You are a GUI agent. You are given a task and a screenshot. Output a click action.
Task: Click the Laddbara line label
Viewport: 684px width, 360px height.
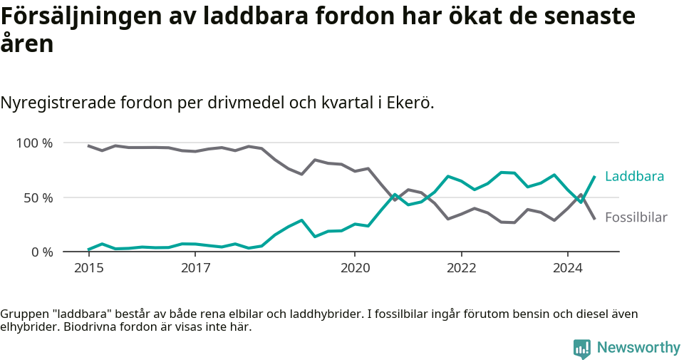click(x=634, y=176)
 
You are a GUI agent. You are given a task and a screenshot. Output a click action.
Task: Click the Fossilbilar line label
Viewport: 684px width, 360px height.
click(x=636, y=217)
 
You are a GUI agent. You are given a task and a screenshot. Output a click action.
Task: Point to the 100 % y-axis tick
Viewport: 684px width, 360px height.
click(x=35, y=143)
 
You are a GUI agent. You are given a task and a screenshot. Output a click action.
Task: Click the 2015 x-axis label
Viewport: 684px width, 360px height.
click(x=88, y=268)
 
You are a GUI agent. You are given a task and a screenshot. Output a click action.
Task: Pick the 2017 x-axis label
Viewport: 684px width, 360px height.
click(x=195, y=268)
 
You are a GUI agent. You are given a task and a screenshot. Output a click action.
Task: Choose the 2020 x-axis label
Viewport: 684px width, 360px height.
click(x=355, y=268)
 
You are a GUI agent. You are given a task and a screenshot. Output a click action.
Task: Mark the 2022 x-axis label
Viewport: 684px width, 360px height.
click(x=461, y=268)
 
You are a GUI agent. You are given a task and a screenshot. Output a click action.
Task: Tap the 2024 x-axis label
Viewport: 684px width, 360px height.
click(x=568, y=268)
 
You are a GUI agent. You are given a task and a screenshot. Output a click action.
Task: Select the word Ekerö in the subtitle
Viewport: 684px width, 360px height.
click(x=410, y=103)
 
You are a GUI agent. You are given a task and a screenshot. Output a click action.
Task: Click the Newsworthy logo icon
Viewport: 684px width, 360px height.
click(x=582, y=348)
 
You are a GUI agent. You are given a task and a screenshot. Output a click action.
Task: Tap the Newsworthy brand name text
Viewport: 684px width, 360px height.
click(x=638, y=348)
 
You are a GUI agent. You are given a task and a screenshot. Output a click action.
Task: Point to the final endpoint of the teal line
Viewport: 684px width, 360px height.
click(x=594, y=176)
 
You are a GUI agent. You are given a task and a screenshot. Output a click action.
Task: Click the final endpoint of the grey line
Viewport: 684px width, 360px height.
click(x=594, y=218)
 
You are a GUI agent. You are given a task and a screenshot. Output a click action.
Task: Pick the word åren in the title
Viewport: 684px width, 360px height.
click(x=27, y=44)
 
